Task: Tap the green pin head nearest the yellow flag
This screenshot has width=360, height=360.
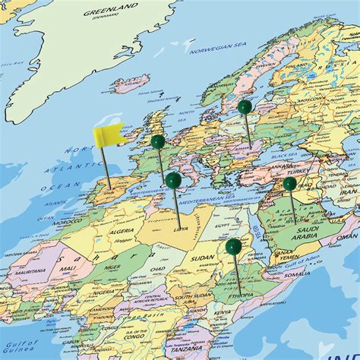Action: (157, 141)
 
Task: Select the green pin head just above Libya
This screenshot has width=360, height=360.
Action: (174, 180)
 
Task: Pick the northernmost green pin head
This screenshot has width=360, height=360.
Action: (245, 107)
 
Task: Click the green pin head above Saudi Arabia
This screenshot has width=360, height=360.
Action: (289, 184)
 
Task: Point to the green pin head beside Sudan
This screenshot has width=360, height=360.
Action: (233, 246)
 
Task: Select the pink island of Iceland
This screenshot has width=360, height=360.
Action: (130, 84)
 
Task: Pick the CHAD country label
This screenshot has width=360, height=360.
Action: (156, 270)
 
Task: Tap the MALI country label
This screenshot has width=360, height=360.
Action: (68, 268)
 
